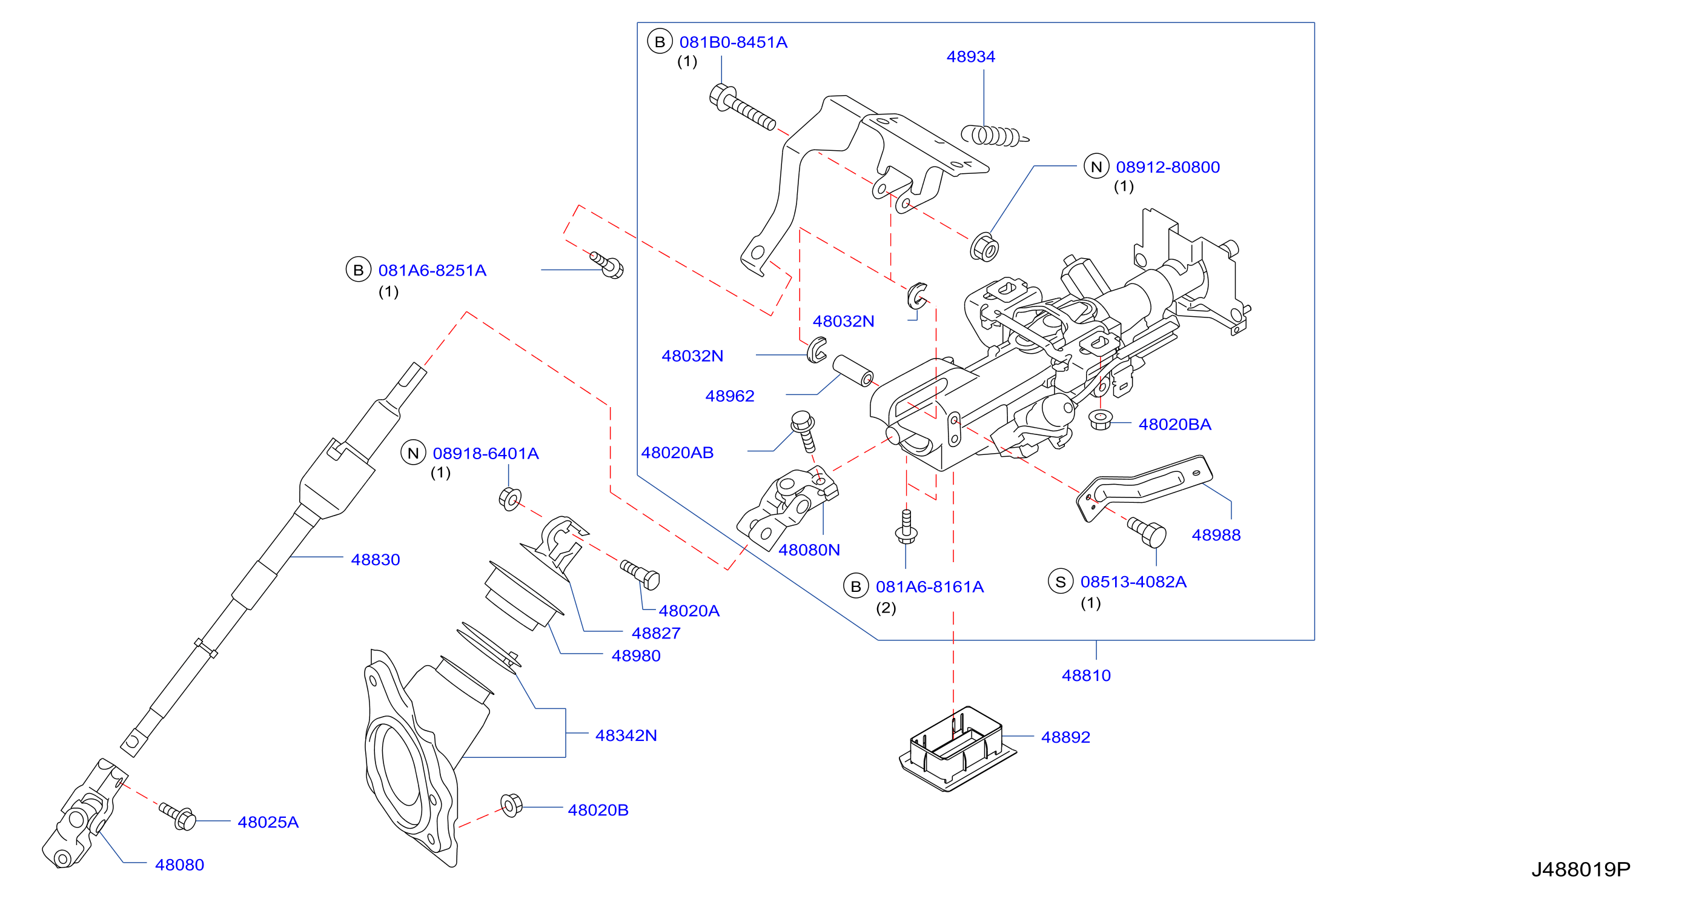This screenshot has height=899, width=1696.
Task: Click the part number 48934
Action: [x=970, y=56]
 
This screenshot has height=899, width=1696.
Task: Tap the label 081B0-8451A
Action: [x=733, y=42]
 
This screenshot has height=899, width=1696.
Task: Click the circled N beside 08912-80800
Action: [x=1096, y=167]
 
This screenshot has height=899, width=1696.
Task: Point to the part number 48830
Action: [x=376, y=560]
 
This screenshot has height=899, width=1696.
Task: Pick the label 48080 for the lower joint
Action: [x=179, y=864]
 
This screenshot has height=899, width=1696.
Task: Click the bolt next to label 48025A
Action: [x=177, y=817]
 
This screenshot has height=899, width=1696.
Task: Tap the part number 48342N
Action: [x=626, y=735]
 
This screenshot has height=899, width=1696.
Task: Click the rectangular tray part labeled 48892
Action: [x=956, y=748]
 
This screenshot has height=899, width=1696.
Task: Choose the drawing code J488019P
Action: [x=1580, y=870]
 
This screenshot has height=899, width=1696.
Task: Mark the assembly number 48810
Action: [x=1086, y=675]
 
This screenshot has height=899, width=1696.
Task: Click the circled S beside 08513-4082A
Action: [x=1060, y=582]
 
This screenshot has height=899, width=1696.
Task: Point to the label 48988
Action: [x=1216, y=536]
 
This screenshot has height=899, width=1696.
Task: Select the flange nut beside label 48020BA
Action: [x=1100, y=420]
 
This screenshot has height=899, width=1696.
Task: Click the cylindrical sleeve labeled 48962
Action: [x=853, y=371]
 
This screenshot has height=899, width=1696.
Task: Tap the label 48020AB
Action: [x=677, y=453]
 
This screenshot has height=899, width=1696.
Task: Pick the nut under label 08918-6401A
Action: [x=510, y=499]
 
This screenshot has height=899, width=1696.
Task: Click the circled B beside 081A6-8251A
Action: [x=358, y=270]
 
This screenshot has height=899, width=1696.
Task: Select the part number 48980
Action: [x=636, y=656]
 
